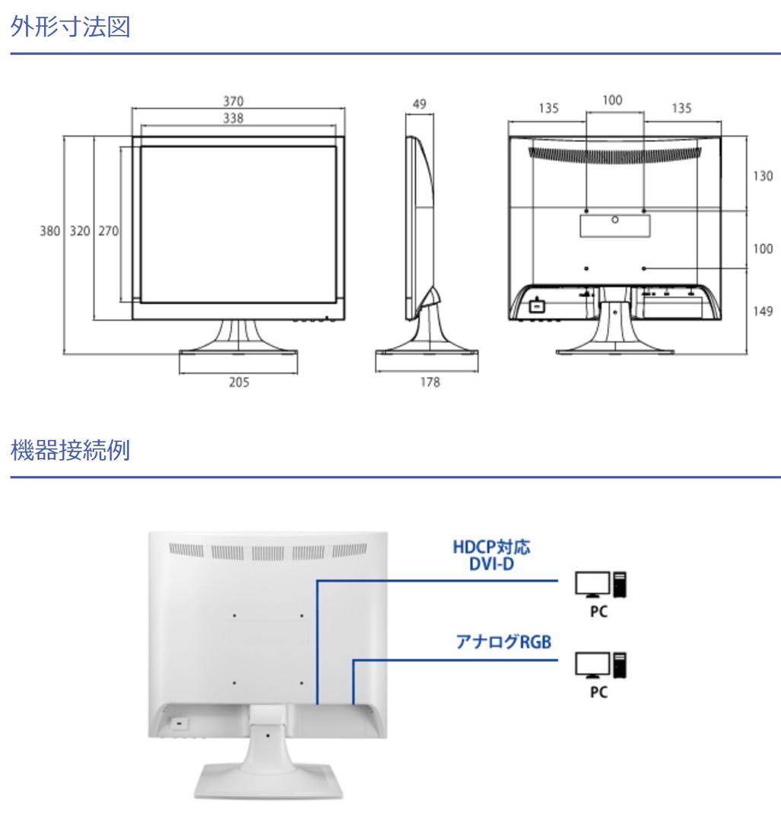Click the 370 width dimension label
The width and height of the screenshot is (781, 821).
[233, 101]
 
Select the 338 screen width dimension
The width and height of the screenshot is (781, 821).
[233, 119]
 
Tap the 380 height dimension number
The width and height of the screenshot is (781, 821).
[49, 231]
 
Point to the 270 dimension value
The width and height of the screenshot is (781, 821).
[109, 231]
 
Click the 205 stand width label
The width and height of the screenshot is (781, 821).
[239, 382]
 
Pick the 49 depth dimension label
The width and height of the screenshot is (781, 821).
[419, 103]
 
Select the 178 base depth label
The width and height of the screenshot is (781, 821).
[430, 382]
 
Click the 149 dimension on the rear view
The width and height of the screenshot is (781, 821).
[763, 312]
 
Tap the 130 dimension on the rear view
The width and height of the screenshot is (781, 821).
[763, 176]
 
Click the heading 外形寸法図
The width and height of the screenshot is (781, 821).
[70, 26]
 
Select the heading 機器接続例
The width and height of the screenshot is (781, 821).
[70, 450]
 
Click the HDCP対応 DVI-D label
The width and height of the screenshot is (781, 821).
[491, 556]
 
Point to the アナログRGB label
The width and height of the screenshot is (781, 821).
[503, 642]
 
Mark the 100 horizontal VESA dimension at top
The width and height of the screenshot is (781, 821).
[612, 100]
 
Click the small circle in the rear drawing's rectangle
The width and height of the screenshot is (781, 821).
[615, 220]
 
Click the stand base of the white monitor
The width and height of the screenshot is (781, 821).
[268, 780]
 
